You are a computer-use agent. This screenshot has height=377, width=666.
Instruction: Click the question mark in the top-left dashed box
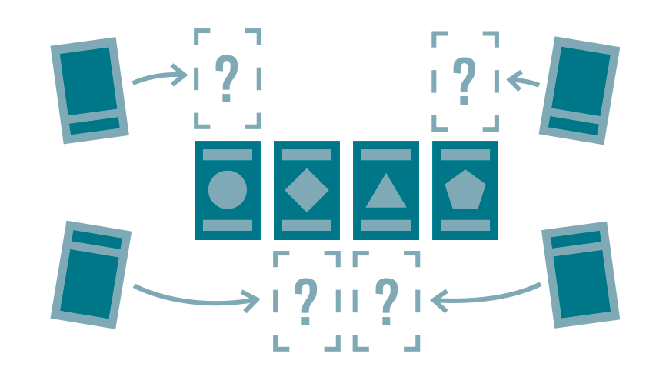pyautogui.click(x=226, y=78)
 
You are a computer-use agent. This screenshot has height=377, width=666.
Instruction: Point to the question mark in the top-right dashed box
pyautogui.click(x=464, y=81)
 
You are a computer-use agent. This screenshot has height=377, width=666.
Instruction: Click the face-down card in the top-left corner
pyautogui.click(x=88, y=90)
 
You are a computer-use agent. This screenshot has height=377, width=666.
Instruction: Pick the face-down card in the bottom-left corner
pyautogui.click(x=91, y=275)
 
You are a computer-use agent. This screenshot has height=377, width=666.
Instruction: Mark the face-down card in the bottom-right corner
pyautogui.click(x=581, y=275)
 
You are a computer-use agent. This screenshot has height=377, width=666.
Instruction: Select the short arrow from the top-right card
pyautogui.click(x=525, y=79)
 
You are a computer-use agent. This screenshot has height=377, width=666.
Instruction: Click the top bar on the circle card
pyautogui.click(x=228, y=155)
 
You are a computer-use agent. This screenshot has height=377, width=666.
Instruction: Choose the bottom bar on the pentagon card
pyautogui.click(x=465, y=225)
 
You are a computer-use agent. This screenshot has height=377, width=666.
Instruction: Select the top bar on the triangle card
pyautogui.click(x=386, y=155)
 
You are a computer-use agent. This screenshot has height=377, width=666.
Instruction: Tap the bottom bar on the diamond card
pyautogui.click(x=307, y=225)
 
